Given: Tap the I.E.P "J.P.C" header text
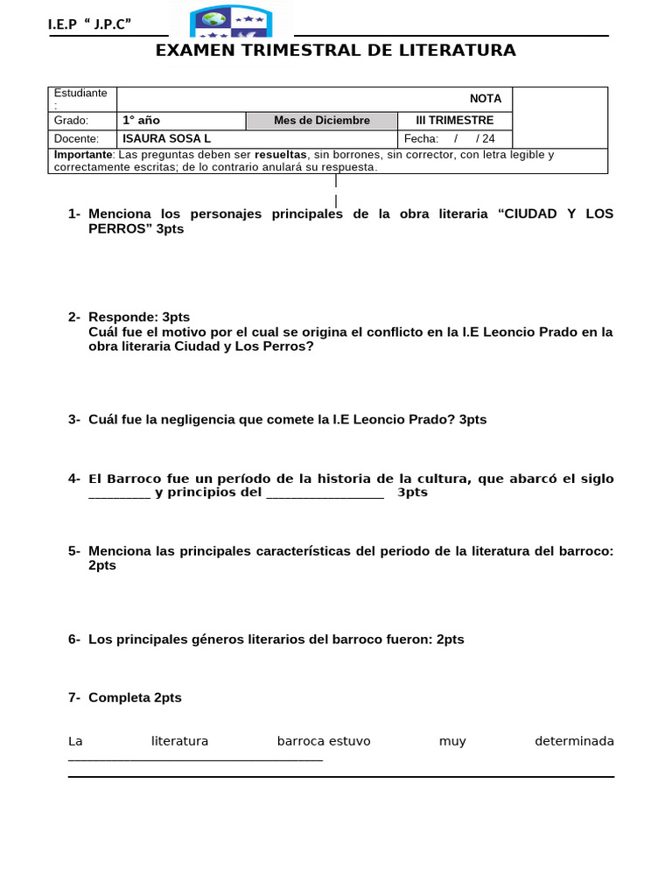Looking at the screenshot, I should click(95, 24).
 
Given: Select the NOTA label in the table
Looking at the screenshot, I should click(485, 99).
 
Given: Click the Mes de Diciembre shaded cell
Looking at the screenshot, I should click(321, 121).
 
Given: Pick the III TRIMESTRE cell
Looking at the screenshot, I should click(454, 121).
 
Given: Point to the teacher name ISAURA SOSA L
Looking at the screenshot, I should click(166, 139).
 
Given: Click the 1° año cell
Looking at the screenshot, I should click(141, 121).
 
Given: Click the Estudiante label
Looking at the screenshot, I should click(80, 93).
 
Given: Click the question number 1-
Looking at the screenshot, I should click(74, 214).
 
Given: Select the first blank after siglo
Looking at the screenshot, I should click(120, 493).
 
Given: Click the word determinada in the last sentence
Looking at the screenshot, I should click(574, 742).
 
